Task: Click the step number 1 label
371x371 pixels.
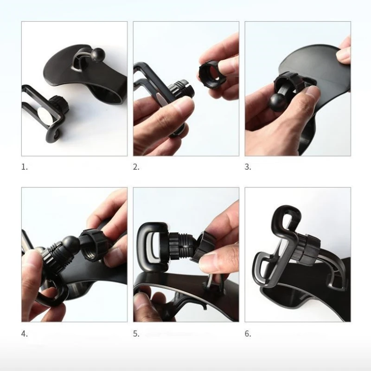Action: (25, 167)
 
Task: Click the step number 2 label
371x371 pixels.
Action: (136, 167)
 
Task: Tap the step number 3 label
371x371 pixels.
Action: (248, 167)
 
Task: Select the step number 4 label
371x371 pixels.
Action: (25, 334)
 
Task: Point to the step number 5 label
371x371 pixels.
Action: (136, 334)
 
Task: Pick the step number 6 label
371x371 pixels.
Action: (248, 334)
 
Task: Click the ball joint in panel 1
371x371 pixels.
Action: (96, 55)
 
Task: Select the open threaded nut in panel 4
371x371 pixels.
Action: (94, 246)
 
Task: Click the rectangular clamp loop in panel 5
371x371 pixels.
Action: (153, 247)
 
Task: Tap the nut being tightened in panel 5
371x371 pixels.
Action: (204, 247)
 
